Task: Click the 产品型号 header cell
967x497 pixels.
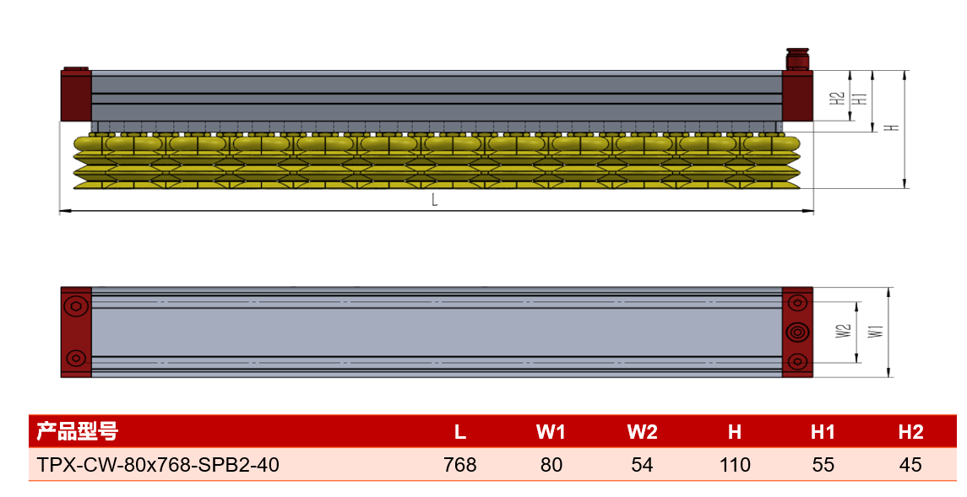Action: point(77,431)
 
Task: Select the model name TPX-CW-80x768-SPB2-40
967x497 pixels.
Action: point(158,464)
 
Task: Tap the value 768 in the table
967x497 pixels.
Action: point(460,464)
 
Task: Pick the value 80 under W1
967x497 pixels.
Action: point(551,464)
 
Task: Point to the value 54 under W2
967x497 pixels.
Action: point(642,464)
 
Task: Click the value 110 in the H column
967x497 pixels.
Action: point(735,464)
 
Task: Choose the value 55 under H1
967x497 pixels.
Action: point(823,464)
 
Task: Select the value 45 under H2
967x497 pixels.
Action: point(910,464)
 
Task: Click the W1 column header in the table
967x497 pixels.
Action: point(551,432)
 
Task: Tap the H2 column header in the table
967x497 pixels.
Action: point(911,432)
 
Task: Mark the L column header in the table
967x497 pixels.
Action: point(460,432)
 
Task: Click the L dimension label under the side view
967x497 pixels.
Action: point(435,199)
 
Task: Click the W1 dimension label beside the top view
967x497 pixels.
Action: point(876,331)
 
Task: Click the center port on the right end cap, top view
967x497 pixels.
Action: point(797,332)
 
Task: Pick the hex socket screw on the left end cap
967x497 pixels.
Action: point(77,306)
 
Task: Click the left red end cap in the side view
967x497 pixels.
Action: point(76,95)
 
